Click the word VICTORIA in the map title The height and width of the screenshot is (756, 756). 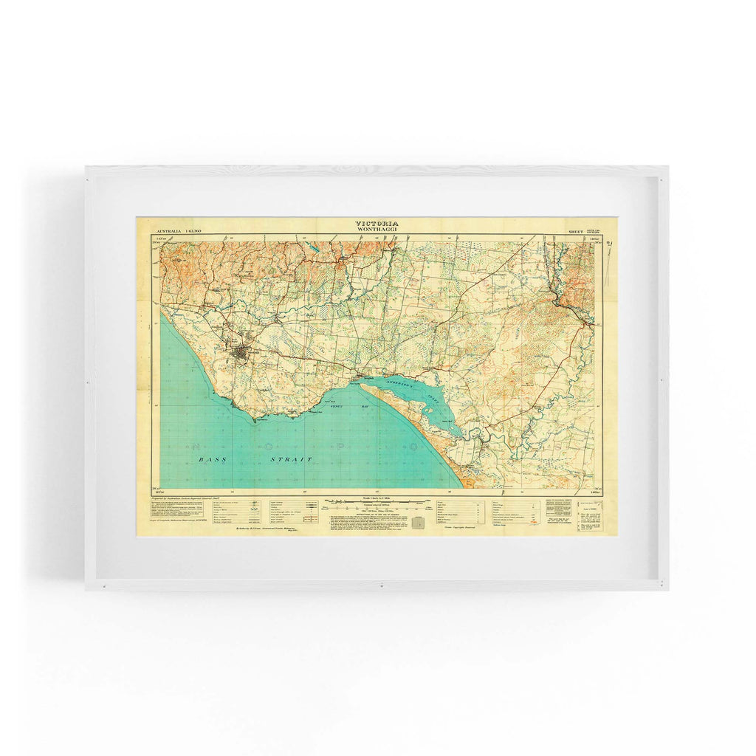[x=377, y=223]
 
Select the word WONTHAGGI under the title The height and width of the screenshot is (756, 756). [x=377, y=230]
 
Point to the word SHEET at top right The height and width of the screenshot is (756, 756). [x=575, y=232]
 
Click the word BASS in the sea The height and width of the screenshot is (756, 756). [x=210, y=459]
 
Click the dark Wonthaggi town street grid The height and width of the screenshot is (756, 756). [x=241, y=357]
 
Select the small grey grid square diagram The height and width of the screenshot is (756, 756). [x=419, y=523]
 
